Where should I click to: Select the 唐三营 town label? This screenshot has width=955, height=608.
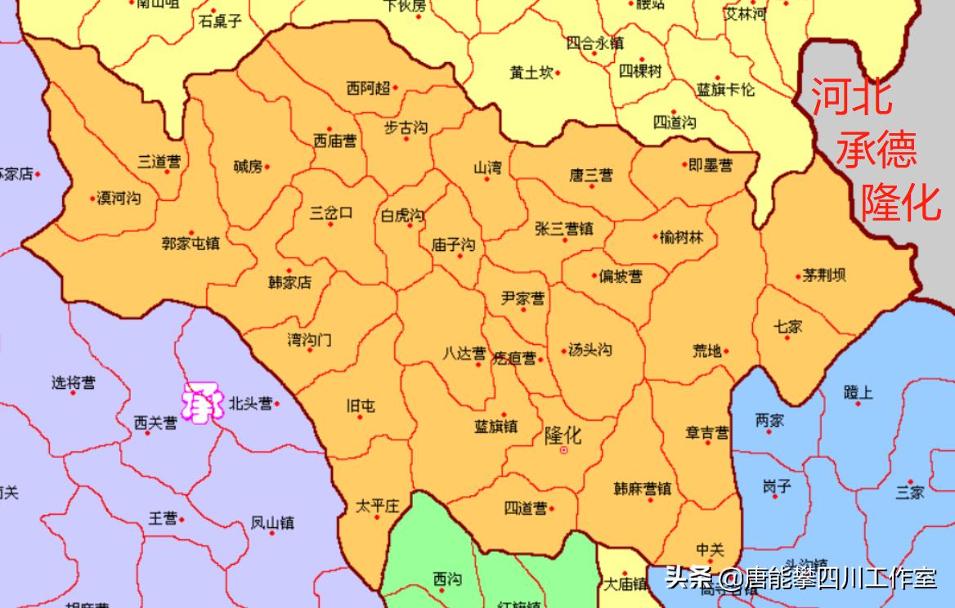point(590,176)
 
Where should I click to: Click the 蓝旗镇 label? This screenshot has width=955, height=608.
point(495,427)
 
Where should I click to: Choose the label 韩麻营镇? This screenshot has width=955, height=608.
point(642,490)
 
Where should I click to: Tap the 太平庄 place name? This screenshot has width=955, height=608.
point(376,507)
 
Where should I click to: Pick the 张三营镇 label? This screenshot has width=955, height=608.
point(563,229)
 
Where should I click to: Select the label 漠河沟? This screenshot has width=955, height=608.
point(119,199)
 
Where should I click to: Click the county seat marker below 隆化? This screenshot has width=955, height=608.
point(563,450)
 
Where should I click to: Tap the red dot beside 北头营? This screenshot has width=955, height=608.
point(277,403)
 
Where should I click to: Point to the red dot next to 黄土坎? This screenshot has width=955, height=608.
point(558,74)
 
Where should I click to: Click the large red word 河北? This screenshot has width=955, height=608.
point(851,98)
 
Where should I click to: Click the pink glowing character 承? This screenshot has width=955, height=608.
point(201,402)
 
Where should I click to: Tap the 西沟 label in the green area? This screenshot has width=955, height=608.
point(446,579)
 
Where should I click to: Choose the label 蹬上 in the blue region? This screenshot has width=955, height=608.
point(858,393)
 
